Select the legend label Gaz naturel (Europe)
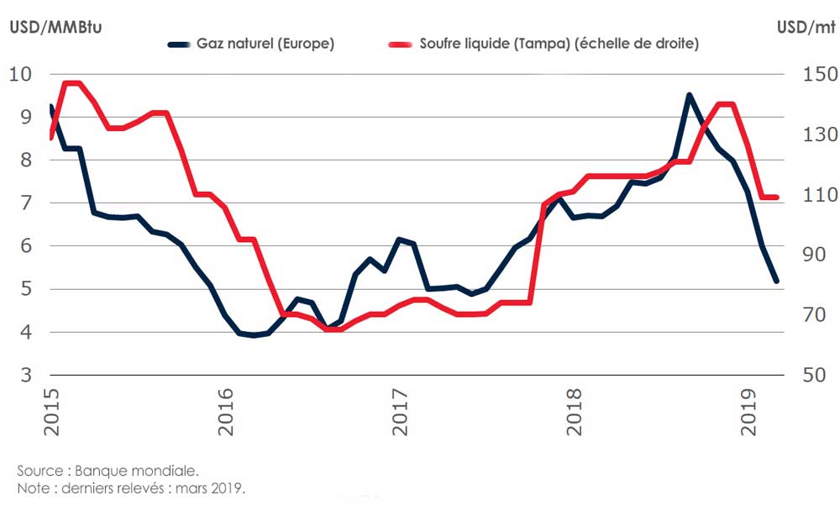pyautogui.click(x=265, y=44)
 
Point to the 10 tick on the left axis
pyautogui.click(x=20, y=74)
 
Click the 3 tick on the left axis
pyautogui.click(x=25, y=375)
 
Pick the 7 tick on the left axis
pyautogui.click(x=25, y=203)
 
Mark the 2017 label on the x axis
pyautogui.click(x=400, y=413)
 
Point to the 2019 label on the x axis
pyautogui.click(x=748, y=413)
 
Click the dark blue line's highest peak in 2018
pyautogui.click(x=689, y=95)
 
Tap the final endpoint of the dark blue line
pyautogui.click(x=776, y=282)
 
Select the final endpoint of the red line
pyautogui.click(x=777, y=198)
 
